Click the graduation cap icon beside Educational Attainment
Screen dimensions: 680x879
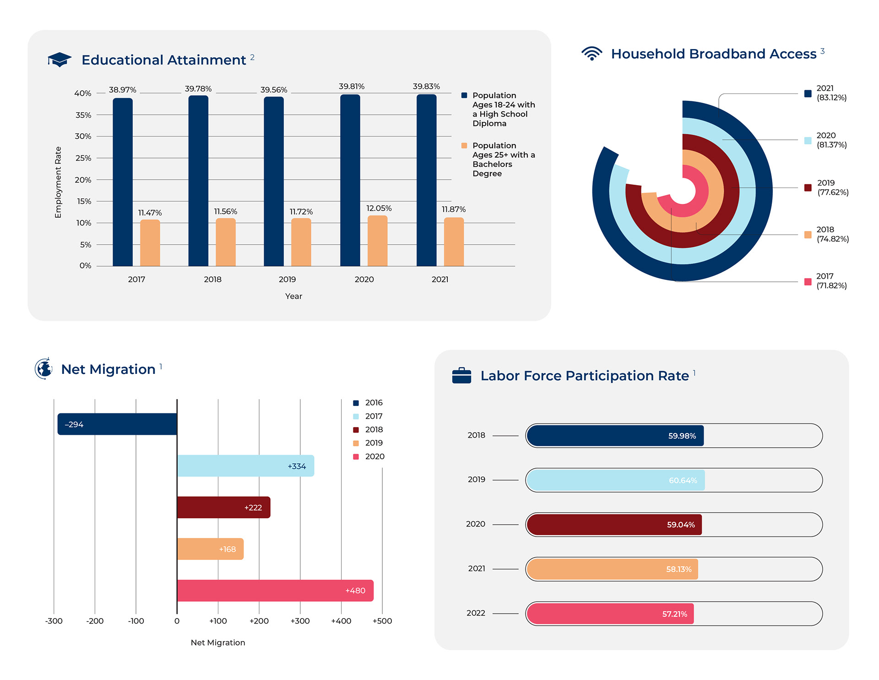pyautogui.click(x=60, y=60)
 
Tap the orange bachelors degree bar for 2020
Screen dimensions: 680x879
pyautogui.click(x=377, y=241)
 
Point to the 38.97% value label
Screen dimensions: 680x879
pyautogui.click(x=122, y=90)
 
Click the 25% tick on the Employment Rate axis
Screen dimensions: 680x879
pyautogui.click(x=83, y=158)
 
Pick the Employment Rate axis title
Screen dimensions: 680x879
pyautogui.click(x=58, y=182)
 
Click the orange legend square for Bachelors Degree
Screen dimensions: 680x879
pyautogui.click(x=464, y=146)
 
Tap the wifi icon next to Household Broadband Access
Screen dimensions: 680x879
pyautogui.click(x=591, y=54)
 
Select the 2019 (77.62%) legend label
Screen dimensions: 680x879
pyautogui.click(x=832, y=187)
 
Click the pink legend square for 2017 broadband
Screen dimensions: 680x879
pyautogui.click(x=808, y=282)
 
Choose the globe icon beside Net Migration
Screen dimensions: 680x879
pyautogui.click(x=44, y=369)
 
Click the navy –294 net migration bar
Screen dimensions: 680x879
pyautogui.click(x=117, y=424)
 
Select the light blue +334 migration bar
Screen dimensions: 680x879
pyautogui.click(x=245, y=466)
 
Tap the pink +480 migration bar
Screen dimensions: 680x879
pyautogui.click(x=275, y=591)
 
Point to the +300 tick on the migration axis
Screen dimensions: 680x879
pyautogui.click(x=300, y=621)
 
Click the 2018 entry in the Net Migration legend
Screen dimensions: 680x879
pyautogui.click(x=374, y=430)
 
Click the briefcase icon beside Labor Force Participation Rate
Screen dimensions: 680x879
pyautogui.click(x=461, y=376)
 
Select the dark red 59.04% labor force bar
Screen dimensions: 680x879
pyautogui.click(x=614, y=525)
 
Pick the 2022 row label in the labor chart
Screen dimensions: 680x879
pyautogui.click(x=476, y=613)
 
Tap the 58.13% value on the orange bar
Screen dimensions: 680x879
pyautogui.click(x=678, y=569)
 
